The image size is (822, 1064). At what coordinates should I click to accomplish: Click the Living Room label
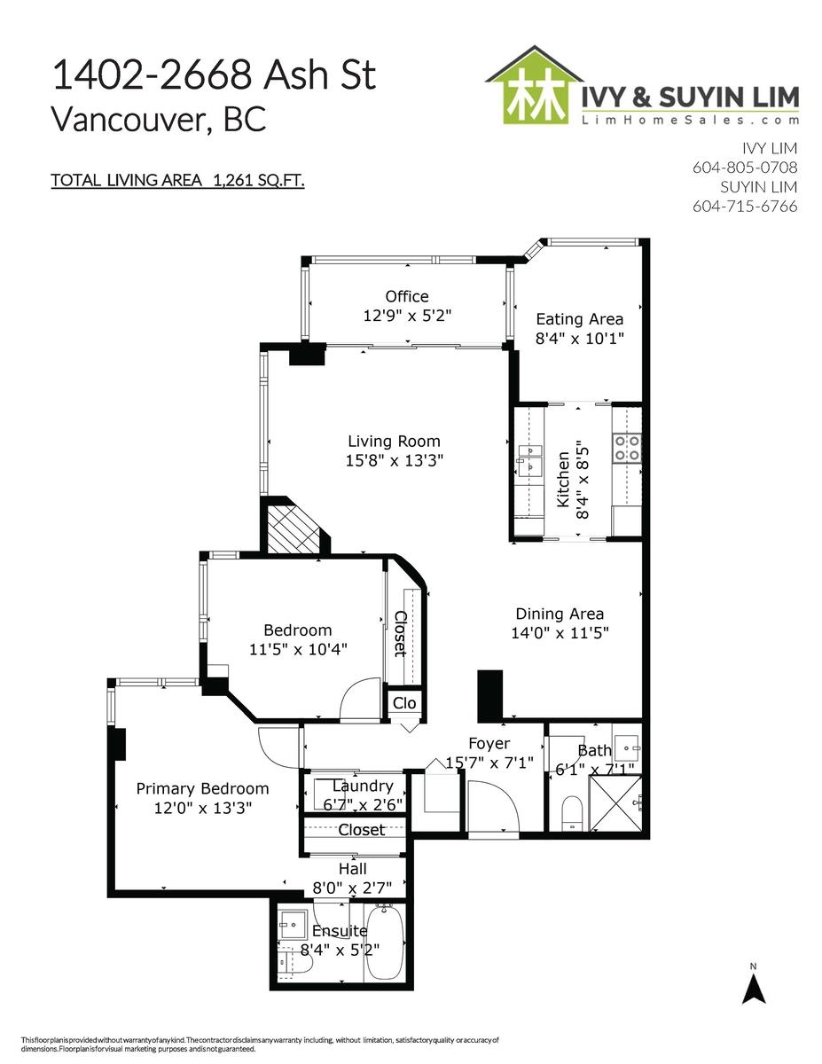pos(394,442)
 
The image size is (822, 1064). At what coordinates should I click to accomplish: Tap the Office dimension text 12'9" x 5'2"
pos(407,316)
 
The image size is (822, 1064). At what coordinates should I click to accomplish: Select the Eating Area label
pos(580,319)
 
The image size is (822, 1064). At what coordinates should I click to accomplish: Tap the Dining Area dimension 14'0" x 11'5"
pos(560,633)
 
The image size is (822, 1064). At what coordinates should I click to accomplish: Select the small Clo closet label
pos(403,703)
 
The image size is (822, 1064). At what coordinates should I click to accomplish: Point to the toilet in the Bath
pos(571,813)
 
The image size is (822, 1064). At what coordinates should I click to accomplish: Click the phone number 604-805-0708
pos(745,168)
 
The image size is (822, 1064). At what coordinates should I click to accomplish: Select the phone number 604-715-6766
pos(745,206)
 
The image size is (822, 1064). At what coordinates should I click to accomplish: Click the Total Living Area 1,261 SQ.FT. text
pos(177,181)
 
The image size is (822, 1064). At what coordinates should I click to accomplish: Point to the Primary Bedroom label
pos(202,789)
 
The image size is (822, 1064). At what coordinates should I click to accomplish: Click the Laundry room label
pos(363,786)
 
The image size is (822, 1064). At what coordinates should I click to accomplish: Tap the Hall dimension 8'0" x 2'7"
pos(353,888)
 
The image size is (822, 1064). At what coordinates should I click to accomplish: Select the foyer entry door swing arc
pos(505,794)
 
